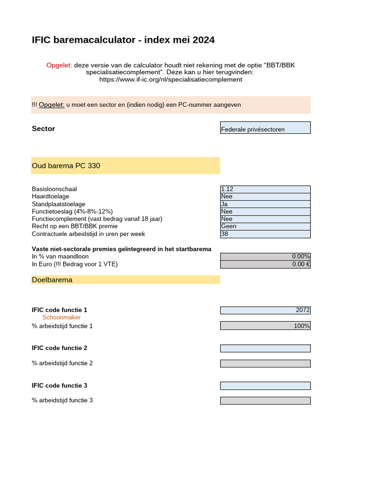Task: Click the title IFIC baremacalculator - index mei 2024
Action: click(123, 40)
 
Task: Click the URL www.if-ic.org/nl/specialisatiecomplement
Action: click(171, 79)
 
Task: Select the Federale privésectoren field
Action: click(265, 128)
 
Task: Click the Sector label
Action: click(43, 129)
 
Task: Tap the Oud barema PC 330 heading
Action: click(66, 166)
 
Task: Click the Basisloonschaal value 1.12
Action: click(265, 189)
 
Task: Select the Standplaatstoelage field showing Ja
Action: click(265, 204)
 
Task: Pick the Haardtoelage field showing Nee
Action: click(265, 197)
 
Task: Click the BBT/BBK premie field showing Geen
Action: click(265, 226)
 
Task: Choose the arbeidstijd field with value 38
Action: click(265, 234)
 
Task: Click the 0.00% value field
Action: click(265, 257)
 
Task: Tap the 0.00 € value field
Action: click(265, 264)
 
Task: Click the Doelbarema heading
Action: click(52, 280)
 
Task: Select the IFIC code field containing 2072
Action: click(265, 310)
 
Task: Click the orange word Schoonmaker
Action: click(62, 318)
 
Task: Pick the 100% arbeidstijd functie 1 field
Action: click(265, 326)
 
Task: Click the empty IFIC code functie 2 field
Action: click(265, 348)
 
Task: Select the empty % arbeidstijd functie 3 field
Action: click(265, 401)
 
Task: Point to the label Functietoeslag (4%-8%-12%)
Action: click(72, 211)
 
